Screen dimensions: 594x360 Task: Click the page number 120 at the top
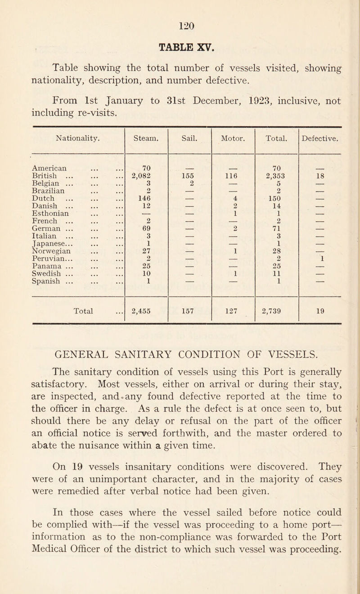click(180, 13)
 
